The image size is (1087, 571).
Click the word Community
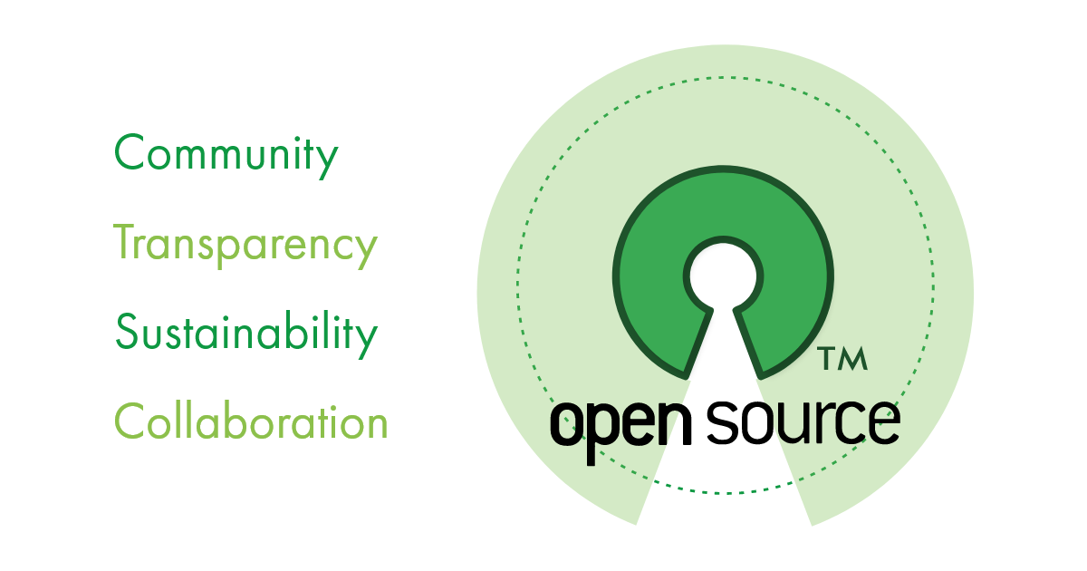pyautogui.click(x=226, y=155)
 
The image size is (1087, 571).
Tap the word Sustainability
pyautogui.click(x=245, y=334)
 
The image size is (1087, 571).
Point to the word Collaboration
pyautogui.click(x=251, y=421)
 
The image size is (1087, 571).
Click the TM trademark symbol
pyautogui.click(x=843, y=359)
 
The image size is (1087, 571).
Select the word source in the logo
pyautogui.click(x=803, y=421)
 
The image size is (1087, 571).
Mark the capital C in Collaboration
pyautogui.click(x=130, y=421)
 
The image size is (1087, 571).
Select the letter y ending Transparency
pyautogui.click(x=365, y=248)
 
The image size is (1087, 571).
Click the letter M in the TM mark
pyautogui.click(x=854, y=359)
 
